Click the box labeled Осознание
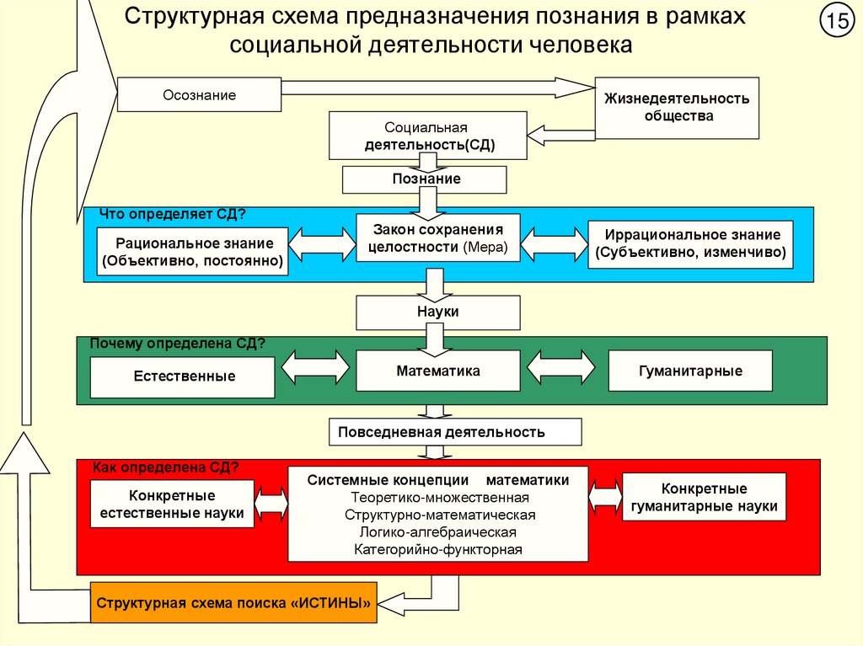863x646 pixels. (x=199, y=94)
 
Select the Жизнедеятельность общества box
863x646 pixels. (x=677, y=107)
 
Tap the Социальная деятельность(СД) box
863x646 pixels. (x=429, y=136)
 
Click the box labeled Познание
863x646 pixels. (x=425, y=179)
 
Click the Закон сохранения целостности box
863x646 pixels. (x=437, y=238)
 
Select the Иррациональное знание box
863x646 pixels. (x=690, y=244)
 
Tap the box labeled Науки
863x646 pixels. (x=437, y=312)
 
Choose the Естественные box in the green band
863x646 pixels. (x=183, y=376)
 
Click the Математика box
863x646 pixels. (x=437, y=371)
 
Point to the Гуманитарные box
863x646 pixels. (x=689, y=371)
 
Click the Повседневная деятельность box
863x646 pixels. (x=454, y=432)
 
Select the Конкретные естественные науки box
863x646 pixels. (x=172, y=504)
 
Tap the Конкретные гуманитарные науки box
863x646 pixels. (x=704, y=499)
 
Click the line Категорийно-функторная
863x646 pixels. (x=438, y=549)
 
